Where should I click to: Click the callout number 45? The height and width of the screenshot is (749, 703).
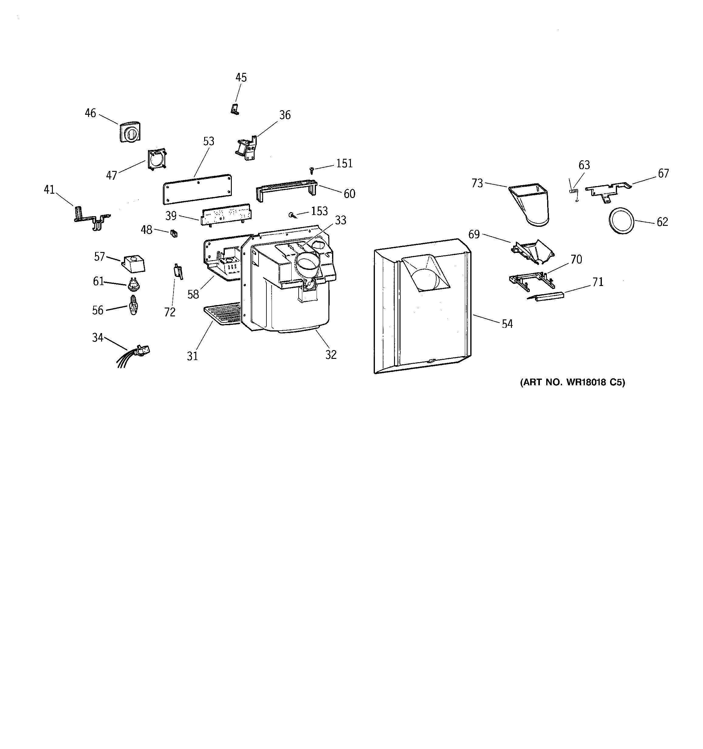[x=241, y=78]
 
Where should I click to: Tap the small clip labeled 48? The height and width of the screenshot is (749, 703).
[x=174, y=233]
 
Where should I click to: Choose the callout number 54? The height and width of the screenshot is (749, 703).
[x=507, y=324]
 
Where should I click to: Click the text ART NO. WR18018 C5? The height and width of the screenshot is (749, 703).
[x=572, y=383]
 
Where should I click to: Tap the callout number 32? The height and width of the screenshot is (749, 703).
[x=331, y=355]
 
